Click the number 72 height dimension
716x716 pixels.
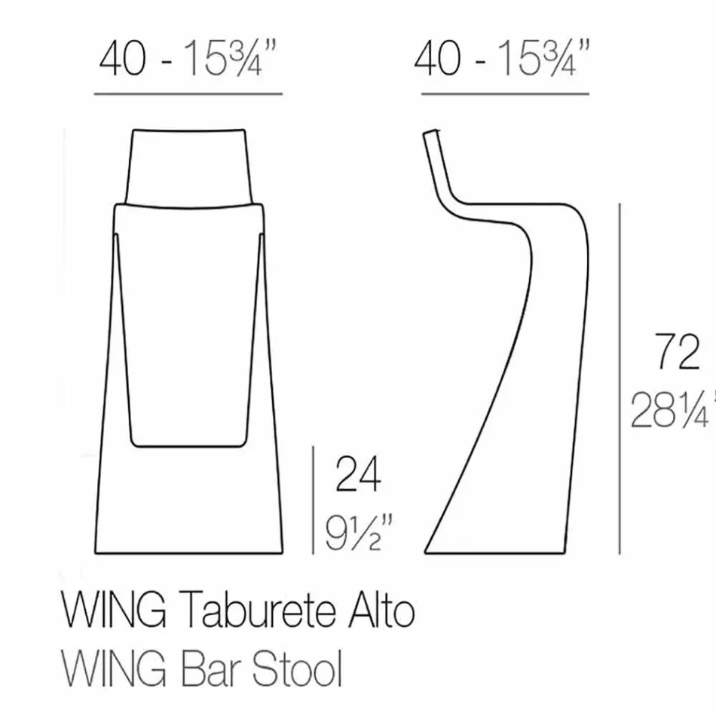[x=678, y=352]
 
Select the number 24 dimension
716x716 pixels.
[x=358, y=476]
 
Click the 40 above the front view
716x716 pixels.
[x=124, y=58]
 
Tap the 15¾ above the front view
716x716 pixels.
[x=226, y=58]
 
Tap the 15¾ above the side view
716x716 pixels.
[x=541, y=58]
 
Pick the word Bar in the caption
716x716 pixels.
[x=207, y=668]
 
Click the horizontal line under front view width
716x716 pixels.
[x=188, y=95]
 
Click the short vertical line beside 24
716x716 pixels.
[x=314, y=500]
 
